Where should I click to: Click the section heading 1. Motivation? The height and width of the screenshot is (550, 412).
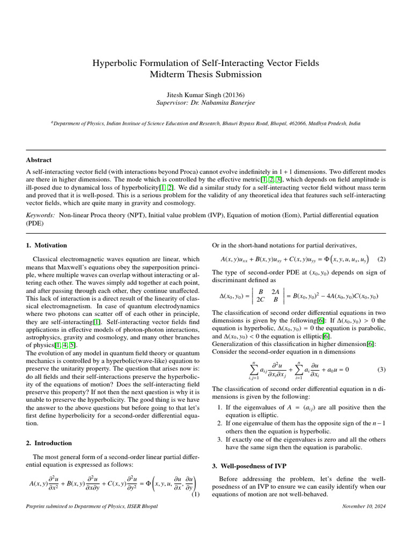point(47,245)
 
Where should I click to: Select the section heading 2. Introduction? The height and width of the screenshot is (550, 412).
point(49,443)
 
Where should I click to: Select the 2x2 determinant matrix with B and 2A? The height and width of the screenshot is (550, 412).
point(268,295)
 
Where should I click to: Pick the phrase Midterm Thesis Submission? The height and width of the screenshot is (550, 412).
point(206,75)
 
